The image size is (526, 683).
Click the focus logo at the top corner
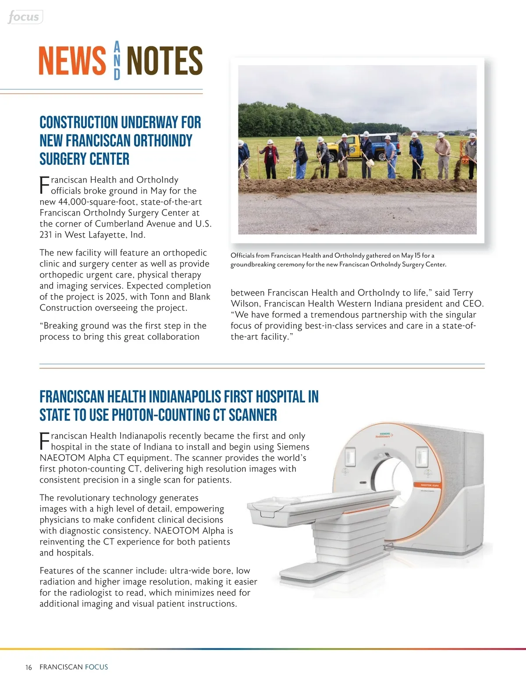24,17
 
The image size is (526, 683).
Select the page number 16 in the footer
28,667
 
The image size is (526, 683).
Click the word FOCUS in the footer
96,667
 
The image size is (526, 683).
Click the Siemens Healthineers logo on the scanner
384,435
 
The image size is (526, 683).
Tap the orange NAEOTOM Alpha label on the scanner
430,485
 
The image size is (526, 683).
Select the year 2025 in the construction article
116,297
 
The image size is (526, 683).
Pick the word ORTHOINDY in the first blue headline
163,141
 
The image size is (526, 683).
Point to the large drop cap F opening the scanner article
44,441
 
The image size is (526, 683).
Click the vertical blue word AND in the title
117,60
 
